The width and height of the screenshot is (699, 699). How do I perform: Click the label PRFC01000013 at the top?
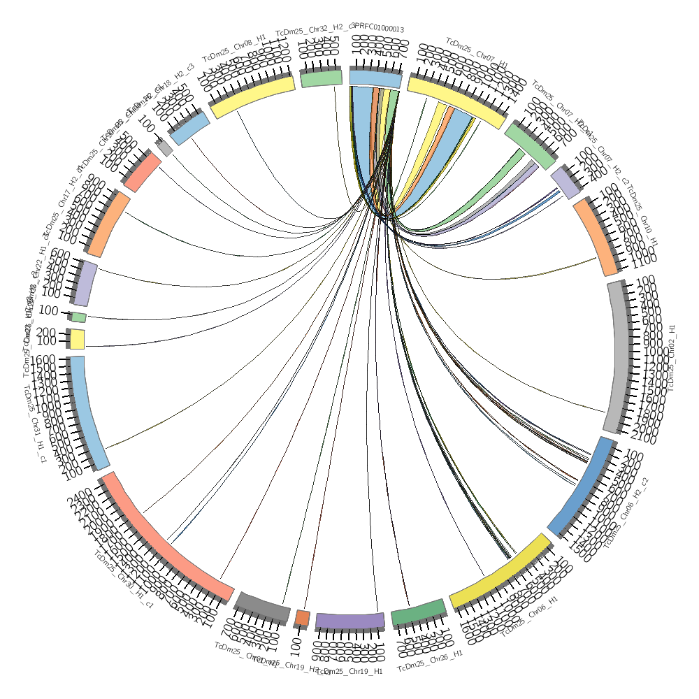[x=380, y=29]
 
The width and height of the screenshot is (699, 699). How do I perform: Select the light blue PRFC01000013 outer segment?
[x=375, y=79]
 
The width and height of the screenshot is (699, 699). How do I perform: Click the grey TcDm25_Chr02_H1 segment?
[x=614, y=357]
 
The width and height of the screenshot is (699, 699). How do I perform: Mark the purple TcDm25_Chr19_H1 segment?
[x=349, y=620]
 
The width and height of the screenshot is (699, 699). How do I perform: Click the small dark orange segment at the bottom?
[x=302, y=617]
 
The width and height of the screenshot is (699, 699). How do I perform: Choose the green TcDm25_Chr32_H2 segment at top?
[x=322, y=79]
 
